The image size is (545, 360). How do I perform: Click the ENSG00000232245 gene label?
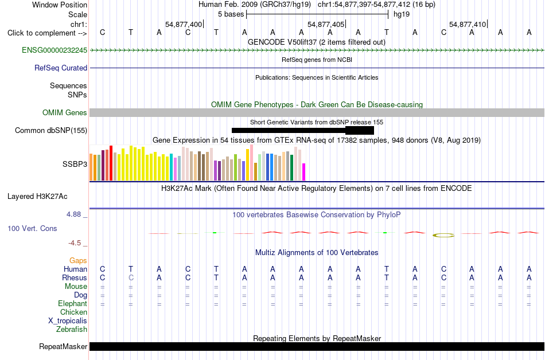pos(54,50)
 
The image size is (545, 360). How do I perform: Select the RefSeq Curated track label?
pos(61,68)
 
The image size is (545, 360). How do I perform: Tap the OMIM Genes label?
pos(65,113)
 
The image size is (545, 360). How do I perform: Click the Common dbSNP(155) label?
pos(51,131)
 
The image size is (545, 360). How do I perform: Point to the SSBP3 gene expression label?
pos(75,164)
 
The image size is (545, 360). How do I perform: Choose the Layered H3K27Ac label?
pos(37,197)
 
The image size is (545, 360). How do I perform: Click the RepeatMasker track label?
pos(63,346)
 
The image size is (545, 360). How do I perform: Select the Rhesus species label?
pos(75,277)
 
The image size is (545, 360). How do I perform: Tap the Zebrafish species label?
pos(72,329)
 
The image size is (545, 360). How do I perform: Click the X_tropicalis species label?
pos(68,321)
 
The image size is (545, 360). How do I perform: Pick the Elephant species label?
pos(73,303)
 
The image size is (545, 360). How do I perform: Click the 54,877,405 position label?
pos(326,24)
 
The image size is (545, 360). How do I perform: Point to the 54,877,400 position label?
pos(184,24)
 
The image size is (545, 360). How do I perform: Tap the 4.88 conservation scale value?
pos(73,214)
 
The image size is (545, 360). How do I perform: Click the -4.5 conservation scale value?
pos(75,243)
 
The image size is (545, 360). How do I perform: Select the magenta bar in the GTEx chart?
pos(303,172)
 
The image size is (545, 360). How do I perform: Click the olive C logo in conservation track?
pos(443,236)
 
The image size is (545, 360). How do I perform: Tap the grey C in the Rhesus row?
pos(131,277)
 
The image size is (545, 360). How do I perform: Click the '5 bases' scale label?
pos(231,14)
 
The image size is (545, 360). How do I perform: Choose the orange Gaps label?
pos(78,261)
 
